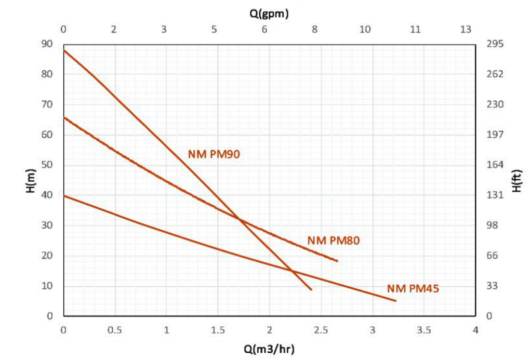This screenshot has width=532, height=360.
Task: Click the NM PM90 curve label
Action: pyautogui.click(x=214, y=154)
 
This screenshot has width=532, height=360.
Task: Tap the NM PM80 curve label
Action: pyautogui.click(x=334, y=241)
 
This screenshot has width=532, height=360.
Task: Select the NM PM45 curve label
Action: pyautogui.click(x=413, y=289)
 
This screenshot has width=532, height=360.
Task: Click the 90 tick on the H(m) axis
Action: pyautogui.click(x=47, y=44)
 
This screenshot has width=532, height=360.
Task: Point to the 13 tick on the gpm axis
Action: pyautogui.click(x=465, y=30)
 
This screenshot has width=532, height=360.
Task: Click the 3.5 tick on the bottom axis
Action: pyautogui.click(x=424, y=330)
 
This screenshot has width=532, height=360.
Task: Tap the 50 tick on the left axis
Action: pyautogui.click(x=47, y=165)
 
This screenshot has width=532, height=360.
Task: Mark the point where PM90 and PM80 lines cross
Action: pyautogui.click(x=240, y=219)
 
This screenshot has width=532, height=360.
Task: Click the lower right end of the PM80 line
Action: pyautogui.click(x=337, y=261)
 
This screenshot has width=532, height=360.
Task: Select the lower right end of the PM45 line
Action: pyautogui.click(x=395, y=301)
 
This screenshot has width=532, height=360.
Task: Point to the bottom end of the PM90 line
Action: pyautogui.click(x=311, y=289)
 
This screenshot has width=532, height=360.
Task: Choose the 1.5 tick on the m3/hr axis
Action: pyautogui.click(x=218, y=330)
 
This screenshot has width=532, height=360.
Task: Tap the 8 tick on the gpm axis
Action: pyautogui.click(x=315, y=30)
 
